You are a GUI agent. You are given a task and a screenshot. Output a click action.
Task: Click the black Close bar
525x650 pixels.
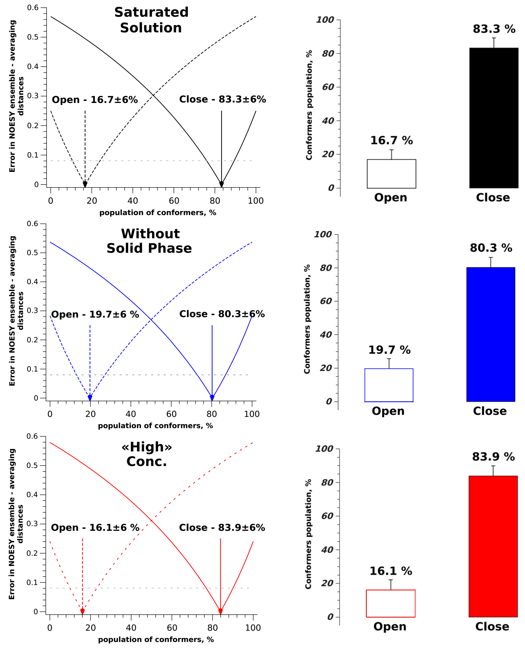tap(494, 118)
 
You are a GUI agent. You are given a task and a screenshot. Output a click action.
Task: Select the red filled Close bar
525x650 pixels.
tap(493, 546)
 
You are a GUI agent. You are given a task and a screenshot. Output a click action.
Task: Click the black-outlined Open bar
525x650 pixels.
tap(391, 174)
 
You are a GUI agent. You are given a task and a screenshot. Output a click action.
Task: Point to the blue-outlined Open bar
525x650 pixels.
tap(389, 385)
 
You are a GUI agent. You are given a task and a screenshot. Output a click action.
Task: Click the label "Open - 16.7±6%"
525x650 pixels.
tap(95, 100)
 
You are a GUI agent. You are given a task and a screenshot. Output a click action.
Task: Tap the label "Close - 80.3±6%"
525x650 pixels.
tap(222, 314)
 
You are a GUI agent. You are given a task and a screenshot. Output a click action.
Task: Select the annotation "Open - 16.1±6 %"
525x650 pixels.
tap(95, 528)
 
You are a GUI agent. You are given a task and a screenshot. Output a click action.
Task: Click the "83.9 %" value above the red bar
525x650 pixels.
tap(493, 457)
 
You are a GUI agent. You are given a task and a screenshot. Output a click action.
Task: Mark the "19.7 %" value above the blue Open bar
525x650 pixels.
tap(389, 350)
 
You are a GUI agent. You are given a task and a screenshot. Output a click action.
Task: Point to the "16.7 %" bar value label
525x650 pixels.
tap(391, 140)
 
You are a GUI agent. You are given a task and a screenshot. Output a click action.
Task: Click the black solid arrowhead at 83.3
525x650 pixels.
tap(221, 184)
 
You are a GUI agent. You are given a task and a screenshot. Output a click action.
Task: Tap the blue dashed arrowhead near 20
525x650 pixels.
tap(90, 397)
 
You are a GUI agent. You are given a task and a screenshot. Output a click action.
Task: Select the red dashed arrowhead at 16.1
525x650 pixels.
tap(82, 611)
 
